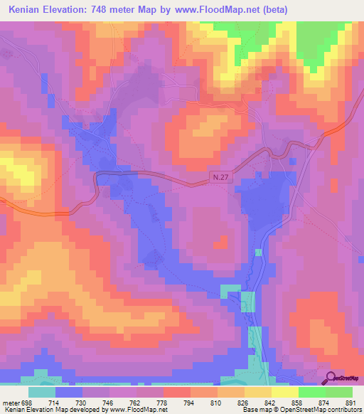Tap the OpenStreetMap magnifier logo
tap(331, 377)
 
